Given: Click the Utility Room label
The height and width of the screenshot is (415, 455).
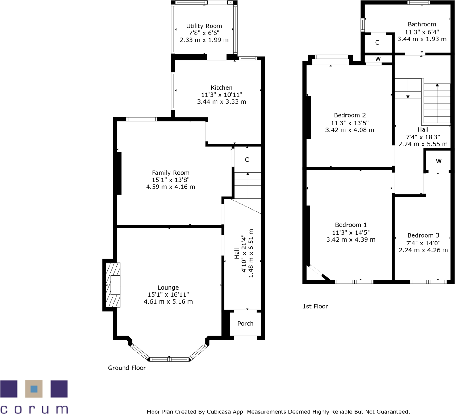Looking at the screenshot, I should pyautogui.click(x=204, y=26).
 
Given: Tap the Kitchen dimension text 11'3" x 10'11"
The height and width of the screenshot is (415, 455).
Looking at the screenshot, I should pyautogui.click(x=221, y=95).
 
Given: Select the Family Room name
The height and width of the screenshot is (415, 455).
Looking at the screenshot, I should pyautogui.click(x=170, y=173).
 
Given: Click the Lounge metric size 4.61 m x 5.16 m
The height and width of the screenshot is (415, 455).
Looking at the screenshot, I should pyautogui.click(x=168, y=302).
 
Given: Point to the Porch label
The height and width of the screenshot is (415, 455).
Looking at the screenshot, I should pyautogui.click(x=245, y=324).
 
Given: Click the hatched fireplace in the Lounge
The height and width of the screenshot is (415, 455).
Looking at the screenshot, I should pyautogui.click(x=113, y=285).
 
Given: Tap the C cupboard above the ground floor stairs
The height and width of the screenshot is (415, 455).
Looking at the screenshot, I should pyautogui.click(x=247, y=160).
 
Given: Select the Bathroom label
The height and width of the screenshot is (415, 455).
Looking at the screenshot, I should pyautogui.click(x=422, y=25).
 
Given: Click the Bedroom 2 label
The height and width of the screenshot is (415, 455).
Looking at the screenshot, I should pyautogui.click(x=349, y=115).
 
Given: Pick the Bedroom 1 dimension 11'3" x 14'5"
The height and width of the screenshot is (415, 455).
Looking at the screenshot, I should pyautogui.click(x=351, y=232).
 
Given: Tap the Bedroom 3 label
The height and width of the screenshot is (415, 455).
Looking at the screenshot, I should pyautogui.click(x=423, y=235).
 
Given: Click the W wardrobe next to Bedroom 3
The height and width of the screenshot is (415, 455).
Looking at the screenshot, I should pyautogui.click(x=439, y=161).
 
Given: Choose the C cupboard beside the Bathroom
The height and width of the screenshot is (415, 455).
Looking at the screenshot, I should pyautogui.click(x=377, y=43).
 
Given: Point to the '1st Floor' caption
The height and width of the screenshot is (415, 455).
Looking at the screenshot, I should pyautogui.click(x=315, y=307).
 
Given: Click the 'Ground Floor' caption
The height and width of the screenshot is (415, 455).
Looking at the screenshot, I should pyautogui.click(x=127, y=368).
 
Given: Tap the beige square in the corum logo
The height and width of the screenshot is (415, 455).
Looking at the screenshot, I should pyautogui.click(x=34, y=389).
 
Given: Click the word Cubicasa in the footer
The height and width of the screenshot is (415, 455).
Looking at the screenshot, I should pyautogui.click(x=221, y=412).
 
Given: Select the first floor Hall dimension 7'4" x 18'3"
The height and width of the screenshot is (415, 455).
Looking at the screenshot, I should pyautogui.click(x=423, y=137).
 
